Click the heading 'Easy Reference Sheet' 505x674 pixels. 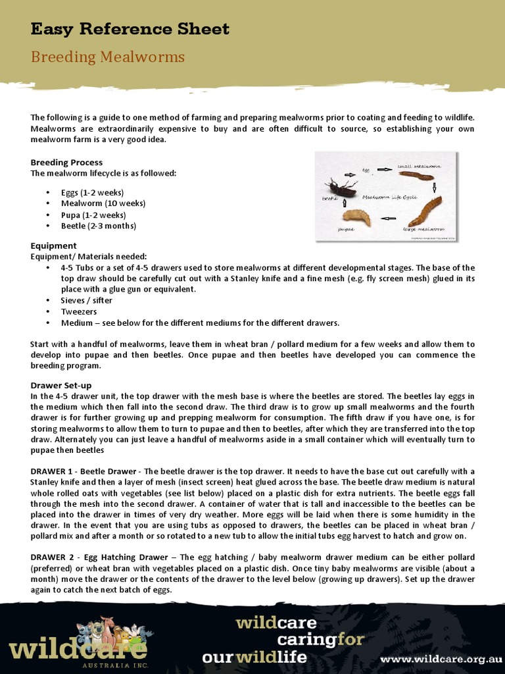coord(130,29)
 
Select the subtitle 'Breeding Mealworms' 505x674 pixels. coord(108,57)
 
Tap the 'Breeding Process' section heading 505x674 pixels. coord(66,162)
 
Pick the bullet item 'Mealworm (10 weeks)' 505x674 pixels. coord(103,203)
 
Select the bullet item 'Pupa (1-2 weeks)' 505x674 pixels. coord(93,215)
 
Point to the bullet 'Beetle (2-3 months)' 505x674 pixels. coord(99,226)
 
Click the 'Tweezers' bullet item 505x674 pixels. coord(79,311)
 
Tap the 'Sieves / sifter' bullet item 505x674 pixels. coord(87,300)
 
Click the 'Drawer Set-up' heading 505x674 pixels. coord(61,385)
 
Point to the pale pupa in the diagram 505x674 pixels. coord(356,217)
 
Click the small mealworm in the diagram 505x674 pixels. coord(416,176)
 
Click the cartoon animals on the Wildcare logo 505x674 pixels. coord(112,635)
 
